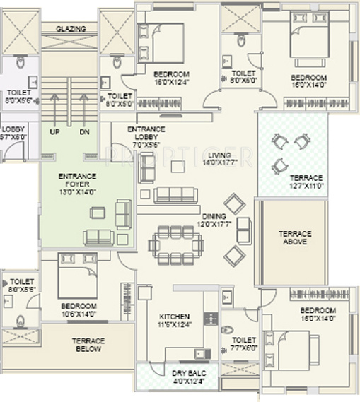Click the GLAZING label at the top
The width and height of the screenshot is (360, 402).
71,29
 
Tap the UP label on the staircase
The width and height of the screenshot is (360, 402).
54,131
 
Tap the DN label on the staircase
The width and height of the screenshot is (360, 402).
84,131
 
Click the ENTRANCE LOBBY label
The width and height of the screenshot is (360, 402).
146,134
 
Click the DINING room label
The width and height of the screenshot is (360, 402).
213,220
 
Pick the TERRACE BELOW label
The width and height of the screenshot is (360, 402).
88,344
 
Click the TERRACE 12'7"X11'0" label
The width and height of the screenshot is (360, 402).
306,182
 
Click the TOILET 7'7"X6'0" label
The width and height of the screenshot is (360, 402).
243,343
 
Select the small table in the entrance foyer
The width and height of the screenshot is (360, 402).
102,211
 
